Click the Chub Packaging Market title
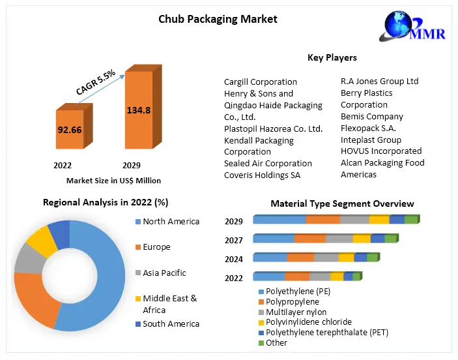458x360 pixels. point(218,19)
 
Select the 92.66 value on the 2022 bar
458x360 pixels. point(68,129)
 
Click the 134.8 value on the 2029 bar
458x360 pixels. point(138,110)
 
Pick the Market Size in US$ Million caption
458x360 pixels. point(113,180)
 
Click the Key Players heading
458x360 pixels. point(332,58)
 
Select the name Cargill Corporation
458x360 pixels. point(260,82)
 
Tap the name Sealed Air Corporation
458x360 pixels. point(268,164)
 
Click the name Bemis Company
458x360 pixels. point(371,117)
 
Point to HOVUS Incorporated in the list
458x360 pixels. point(380,151)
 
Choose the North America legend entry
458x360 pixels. point(171,222)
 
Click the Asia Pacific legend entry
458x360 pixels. point(164,273)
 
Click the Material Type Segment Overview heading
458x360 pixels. point(342,204)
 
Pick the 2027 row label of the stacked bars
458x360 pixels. point(234,240)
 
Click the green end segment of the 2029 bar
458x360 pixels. point(410,220)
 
